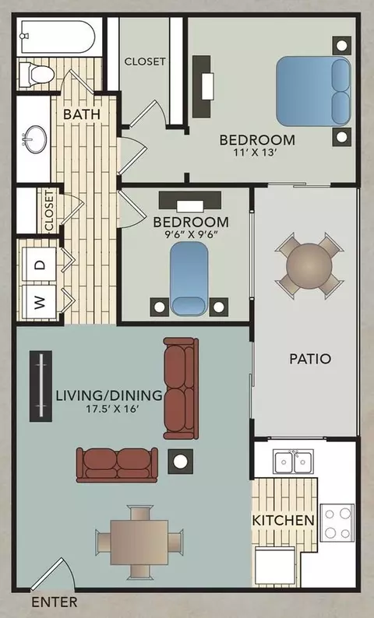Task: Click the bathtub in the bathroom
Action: [x=58, y=37]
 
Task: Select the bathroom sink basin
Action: [x=34, y=138]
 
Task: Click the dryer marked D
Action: [x=39, y=265]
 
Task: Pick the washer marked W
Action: [x=39, y=302]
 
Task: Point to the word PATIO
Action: [x=310, y=359]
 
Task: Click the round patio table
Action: [x=309, y=264]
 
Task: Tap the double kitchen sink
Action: [x=294, y=461]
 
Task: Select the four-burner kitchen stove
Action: [x=337, y=522]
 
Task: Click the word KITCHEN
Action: [x=284, y=520]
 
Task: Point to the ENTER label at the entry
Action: [x=55, y=602]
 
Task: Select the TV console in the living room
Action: [x=41, y=386]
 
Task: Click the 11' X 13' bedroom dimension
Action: [x=257, y=153]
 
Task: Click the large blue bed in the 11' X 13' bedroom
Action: [x=313, y=91]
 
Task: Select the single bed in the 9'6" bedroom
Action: [x=189, y=278]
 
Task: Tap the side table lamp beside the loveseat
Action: [x=181, y=462]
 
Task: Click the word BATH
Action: [x=82, y=114]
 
